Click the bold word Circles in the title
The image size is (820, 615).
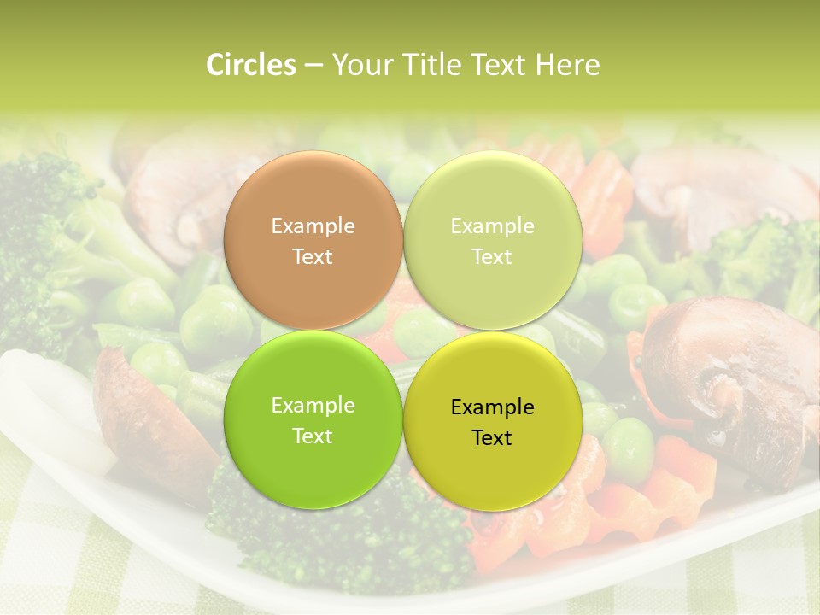click(x=251, y=65)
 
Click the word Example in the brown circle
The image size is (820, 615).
click(x=313, y=226)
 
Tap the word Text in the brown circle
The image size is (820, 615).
click(x=313, y=257)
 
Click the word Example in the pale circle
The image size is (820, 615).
click(x=492, y=226)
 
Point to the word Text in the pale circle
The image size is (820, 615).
click(x=492, y=257)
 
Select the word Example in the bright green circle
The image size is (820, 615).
click(x=313, y=406)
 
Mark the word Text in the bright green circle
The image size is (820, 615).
click(x=313, y=436)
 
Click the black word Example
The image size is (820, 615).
click(x=492, y=407)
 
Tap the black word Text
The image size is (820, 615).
click(x=492, y=438)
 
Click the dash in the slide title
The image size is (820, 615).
click(x=313, y=66)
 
